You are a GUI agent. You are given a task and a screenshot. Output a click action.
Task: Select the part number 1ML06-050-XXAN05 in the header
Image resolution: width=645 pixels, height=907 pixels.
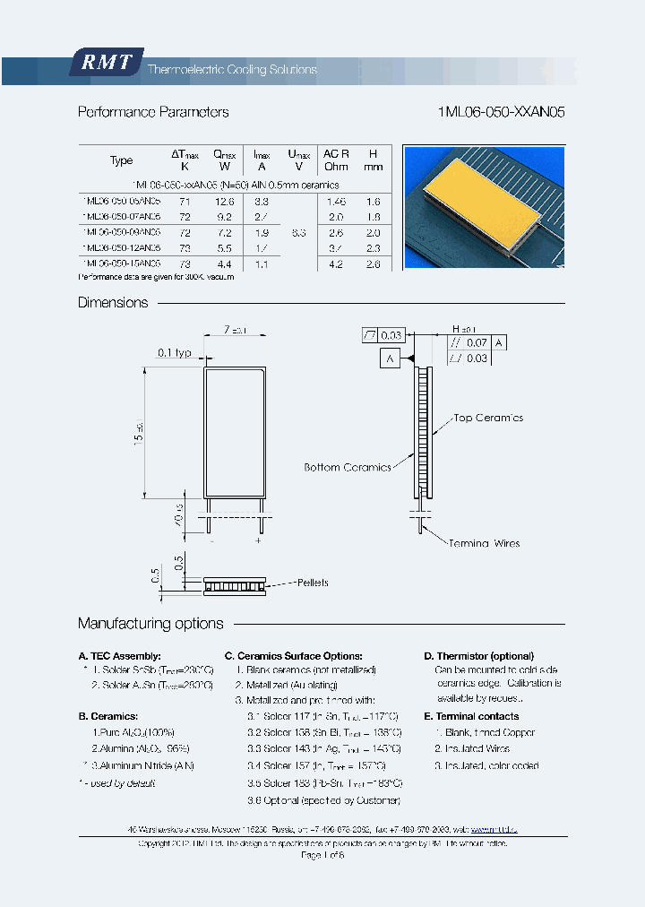tap(502, 113)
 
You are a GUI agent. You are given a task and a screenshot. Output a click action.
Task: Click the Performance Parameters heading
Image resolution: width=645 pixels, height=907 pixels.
tap(153, 113)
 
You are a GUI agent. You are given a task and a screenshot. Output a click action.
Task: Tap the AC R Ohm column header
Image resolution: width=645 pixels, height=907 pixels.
tap(336, 160)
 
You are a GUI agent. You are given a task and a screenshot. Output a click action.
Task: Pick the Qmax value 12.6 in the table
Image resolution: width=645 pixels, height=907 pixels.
tap(224, 203)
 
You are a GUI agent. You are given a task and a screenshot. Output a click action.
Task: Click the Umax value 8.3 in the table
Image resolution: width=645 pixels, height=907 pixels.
tap(299, 232)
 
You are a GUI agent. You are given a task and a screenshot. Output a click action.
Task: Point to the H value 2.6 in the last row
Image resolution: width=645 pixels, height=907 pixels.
tap(374, 264)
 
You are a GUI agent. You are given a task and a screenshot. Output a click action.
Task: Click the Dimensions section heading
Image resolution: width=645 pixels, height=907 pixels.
tap(113, 303)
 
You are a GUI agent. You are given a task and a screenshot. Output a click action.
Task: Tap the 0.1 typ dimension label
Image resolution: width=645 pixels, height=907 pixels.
tap(176, 353)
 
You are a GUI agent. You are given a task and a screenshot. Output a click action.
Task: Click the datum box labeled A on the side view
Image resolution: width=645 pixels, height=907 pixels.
tap(391, 359)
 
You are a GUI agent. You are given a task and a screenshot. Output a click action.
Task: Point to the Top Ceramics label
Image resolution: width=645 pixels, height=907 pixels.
tap(488, 419)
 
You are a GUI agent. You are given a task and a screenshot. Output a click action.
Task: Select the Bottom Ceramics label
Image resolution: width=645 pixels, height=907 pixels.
tap(348, 467)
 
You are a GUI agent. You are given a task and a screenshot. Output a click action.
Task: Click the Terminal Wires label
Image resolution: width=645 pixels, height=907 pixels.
tap(484, 543)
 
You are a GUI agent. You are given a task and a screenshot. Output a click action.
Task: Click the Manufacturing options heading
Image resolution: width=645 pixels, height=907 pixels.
tap(150, 624)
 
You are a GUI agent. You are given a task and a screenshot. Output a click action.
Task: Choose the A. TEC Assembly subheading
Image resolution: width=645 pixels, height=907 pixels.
tap(120, 656)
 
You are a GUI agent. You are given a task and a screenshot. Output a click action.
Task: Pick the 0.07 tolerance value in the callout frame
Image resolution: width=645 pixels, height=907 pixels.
tap(477, 342)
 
